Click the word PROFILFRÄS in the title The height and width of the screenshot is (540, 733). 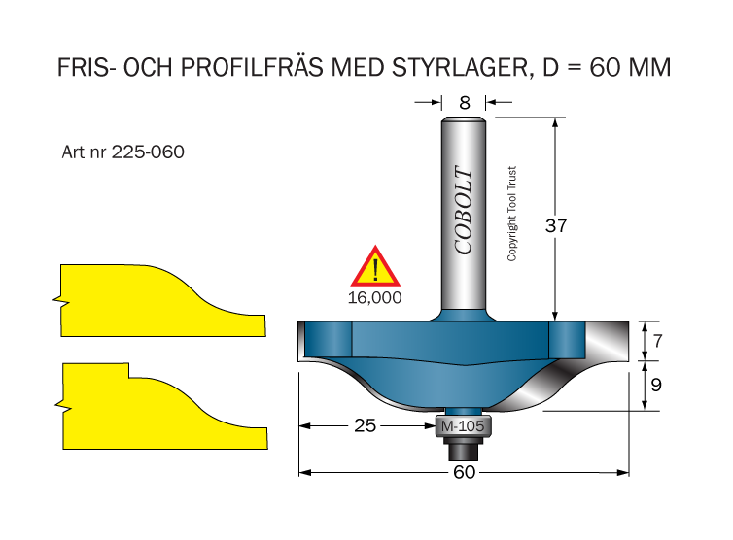click(x=252, y=67)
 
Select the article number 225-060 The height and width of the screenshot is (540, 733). click(x=148, y=152)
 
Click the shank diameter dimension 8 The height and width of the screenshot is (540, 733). click(x=465, y=103)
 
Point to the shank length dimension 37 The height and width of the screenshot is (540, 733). click(x=556, y=226)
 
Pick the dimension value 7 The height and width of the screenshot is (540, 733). click(x=658, y=341)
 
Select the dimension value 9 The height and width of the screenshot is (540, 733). click(x=656, y=385)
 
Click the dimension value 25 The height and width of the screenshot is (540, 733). click(x=366, y=425)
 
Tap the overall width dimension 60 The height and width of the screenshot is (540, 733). click(x=465, y=472)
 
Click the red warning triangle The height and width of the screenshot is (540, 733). click(x=375, y=267)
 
